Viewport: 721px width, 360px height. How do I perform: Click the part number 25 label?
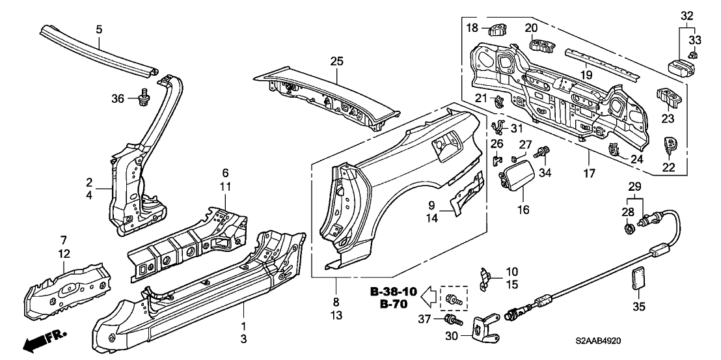pos(336,61)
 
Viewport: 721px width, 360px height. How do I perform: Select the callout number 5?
pos(99,29)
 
